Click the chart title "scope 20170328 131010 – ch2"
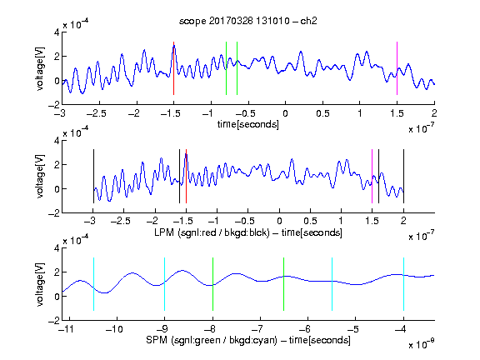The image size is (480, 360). (x=247, y=21)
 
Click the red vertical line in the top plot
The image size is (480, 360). (x=173, y=68)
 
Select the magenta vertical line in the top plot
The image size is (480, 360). (x=397, y=68)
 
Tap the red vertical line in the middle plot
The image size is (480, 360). (x=186, y=176)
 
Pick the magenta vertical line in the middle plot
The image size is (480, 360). (x=372, y=176)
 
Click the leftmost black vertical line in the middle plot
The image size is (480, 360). (x=93, y=176)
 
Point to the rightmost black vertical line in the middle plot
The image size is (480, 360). (x=403, y=176)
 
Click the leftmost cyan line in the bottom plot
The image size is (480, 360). (x=93, y=284)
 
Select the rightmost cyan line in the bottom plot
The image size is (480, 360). (x=403, y=284)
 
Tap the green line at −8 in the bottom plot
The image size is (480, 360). (x=212, y=284)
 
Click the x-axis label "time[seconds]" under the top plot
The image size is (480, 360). (x=248, y=124)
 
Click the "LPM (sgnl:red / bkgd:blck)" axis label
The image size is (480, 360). (x=212, y=232)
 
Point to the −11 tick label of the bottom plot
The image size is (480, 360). (x=67, y=329)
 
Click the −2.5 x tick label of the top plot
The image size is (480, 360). (x=96, y=113)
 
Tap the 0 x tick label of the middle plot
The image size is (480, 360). (x=279, y=221)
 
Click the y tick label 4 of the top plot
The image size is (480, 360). (x=57, y=32)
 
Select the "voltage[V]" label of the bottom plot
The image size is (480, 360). (x=40, y=284)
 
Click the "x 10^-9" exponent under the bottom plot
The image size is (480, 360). (x=421, y=344)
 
